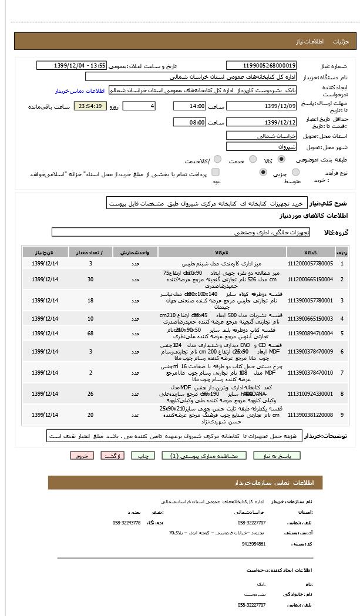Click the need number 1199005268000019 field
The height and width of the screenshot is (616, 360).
[x=261, y=66]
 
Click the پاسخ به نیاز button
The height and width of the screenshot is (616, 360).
[x=277, y=456]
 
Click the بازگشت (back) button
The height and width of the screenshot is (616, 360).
[x=112, y=456]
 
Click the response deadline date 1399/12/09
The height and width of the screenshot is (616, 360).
[x=261, y=106]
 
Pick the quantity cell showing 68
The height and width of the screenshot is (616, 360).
[x=90, y=333]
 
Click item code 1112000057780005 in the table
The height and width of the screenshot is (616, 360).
[x=311, y=264]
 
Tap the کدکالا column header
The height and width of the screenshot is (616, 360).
[x=311, y=251]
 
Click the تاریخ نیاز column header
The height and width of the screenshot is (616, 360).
[x=46, y=251]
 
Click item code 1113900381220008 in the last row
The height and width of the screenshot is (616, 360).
[x=311, y=415]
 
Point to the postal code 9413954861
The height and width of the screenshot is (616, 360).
[x=253, y=544]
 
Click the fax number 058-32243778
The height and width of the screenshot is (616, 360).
[x=127, y=522]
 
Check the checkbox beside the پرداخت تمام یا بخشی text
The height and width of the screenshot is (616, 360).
[x=216, y=172]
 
